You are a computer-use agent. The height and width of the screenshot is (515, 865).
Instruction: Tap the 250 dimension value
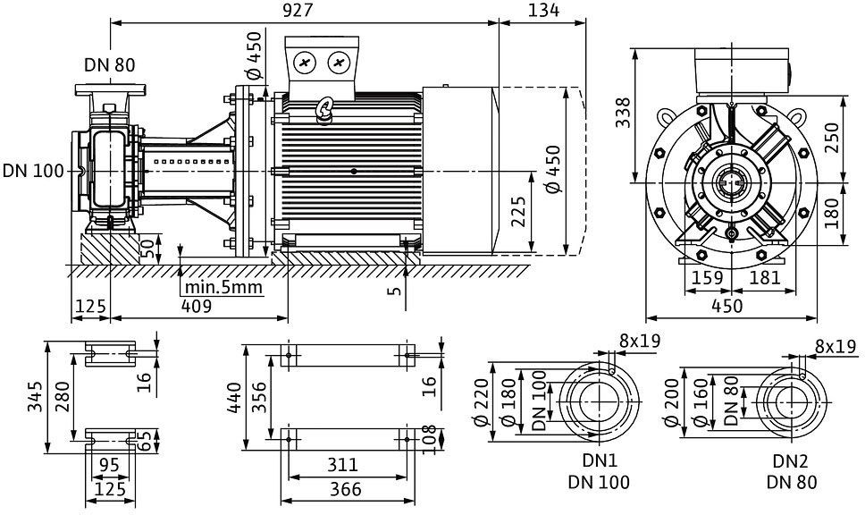click(832, 137)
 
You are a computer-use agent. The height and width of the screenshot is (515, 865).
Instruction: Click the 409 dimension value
click(197, 306)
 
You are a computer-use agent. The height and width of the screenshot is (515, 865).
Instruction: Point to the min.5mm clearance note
click(223, 288)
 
